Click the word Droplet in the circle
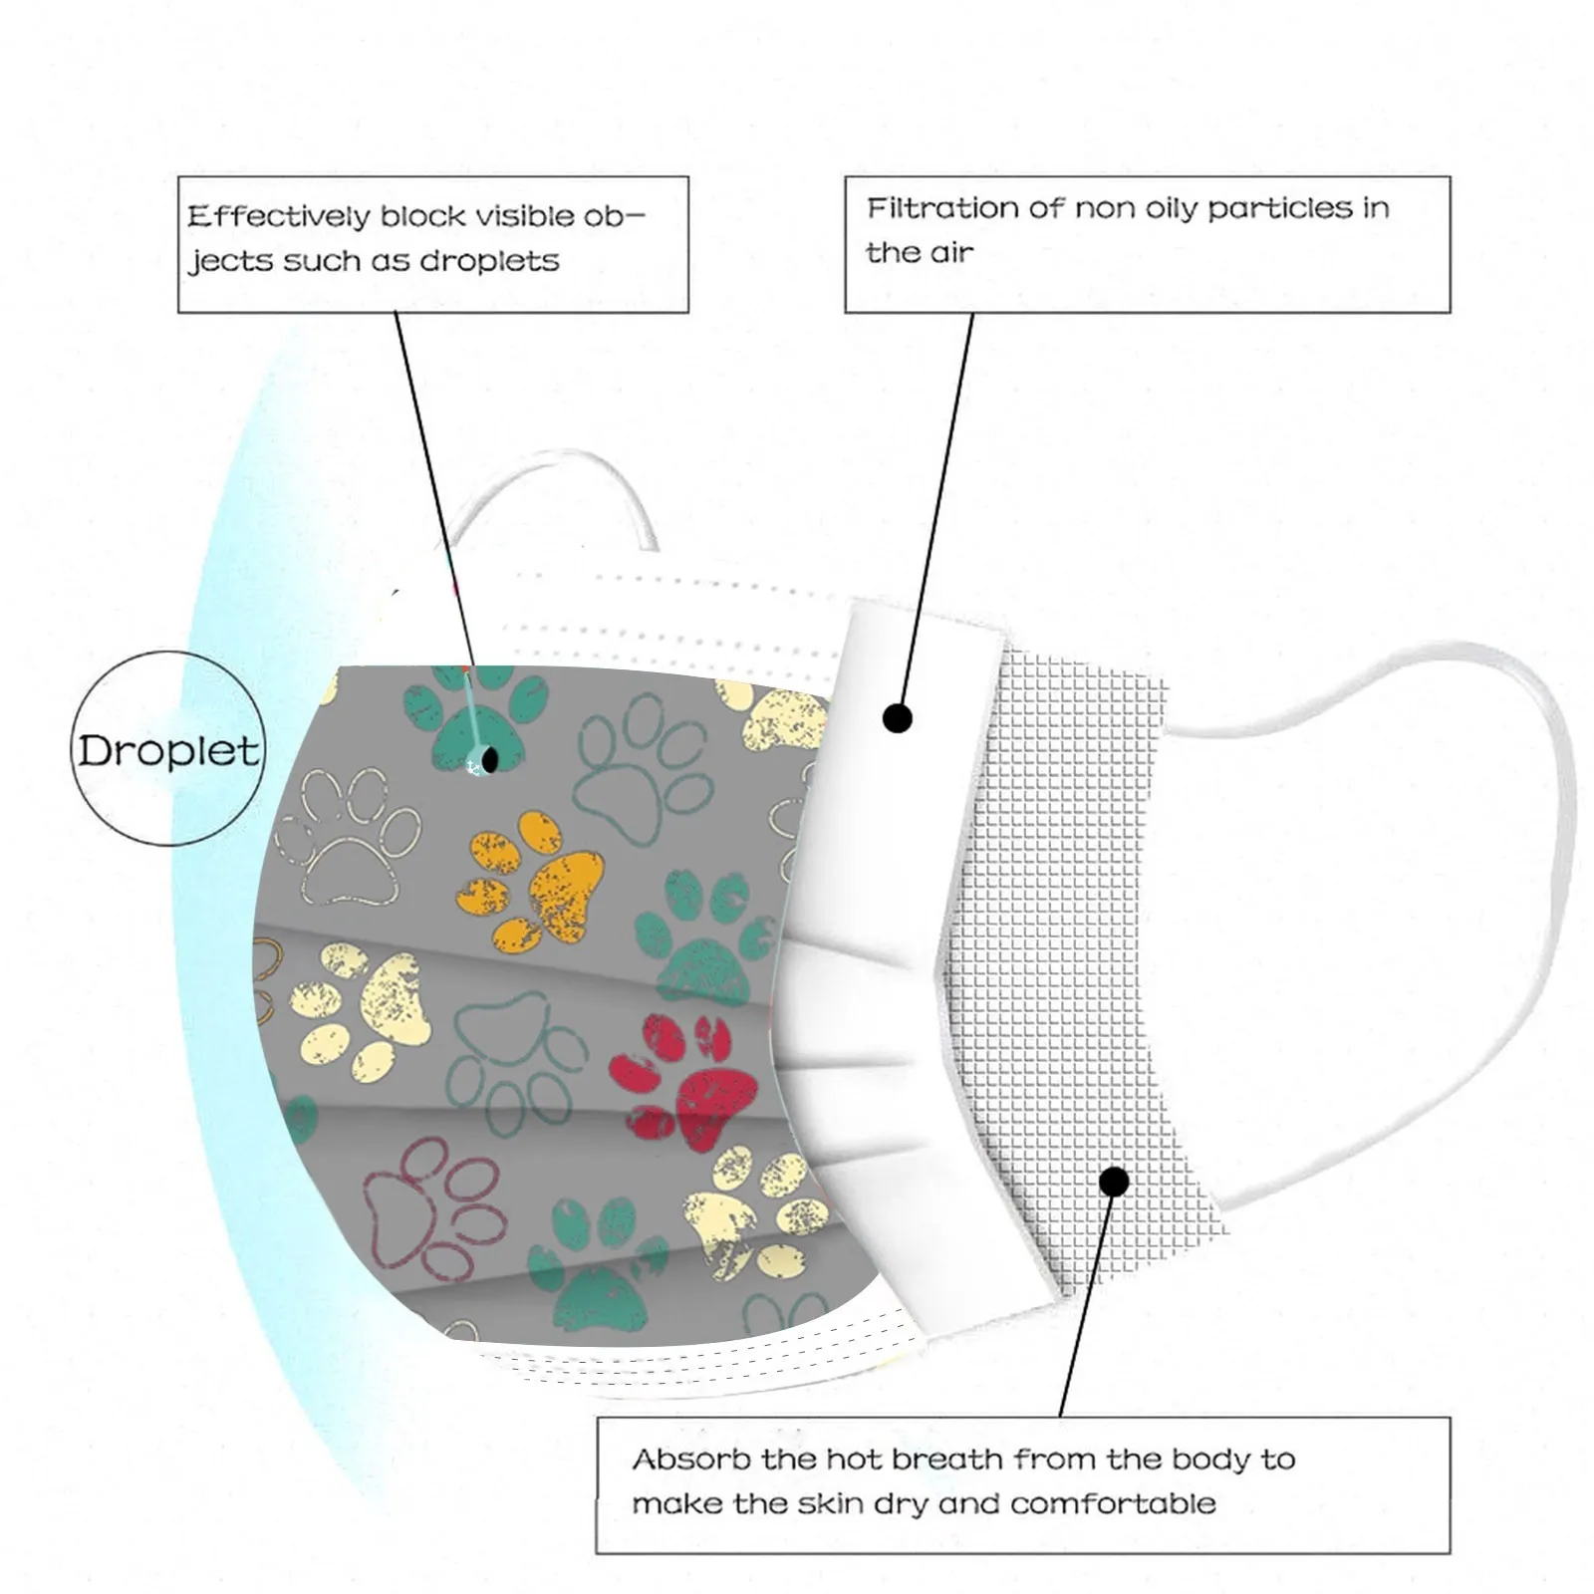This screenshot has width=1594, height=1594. click(x=167, y=750)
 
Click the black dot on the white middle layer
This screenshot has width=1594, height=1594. click(x=898, y=717)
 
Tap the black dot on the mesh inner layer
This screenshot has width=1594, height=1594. click(x=1115, y=1182)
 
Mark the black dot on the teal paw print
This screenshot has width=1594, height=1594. click(x=488, y=761)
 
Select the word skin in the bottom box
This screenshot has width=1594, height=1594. click(x=834, y=1502)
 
